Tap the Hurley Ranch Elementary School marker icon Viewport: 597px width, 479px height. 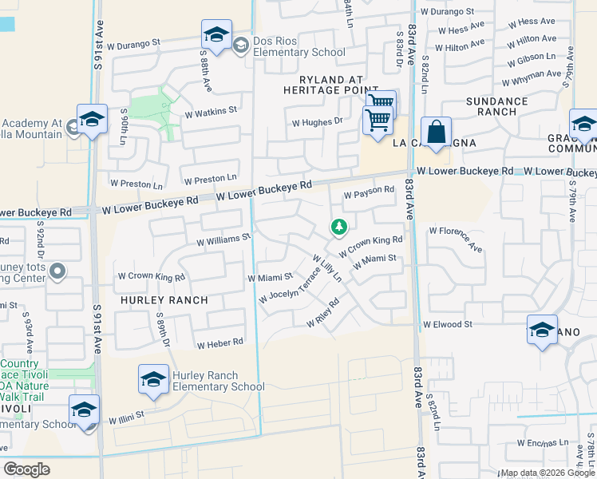click(153, 378)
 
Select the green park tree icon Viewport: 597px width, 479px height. click(339, 228)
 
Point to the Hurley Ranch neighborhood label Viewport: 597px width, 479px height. click(164, 300)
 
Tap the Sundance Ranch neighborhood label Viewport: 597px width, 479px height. click(496, 107)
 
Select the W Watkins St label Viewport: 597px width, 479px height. click(211, 111)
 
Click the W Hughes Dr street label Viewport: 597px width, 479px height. click(317, 122)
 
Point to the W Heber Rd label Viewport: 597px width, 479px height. click(219, 342)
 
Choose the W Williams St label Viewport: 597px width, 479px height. click(223, 237)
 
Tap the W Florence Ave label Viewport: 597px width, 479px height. click(456, 239)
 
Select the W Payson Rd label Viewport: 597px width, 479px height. click(369, 191)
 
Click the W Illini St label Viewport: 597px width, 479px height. click(125, 415)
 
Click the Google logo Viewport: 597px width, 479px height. click(27, 469)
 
